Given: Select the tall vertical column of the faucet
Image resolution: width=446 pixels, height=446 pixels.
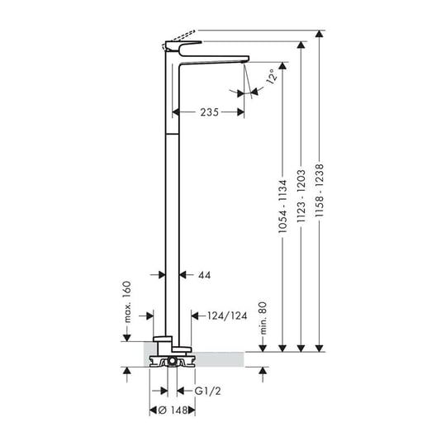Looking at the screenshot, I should (173, 206).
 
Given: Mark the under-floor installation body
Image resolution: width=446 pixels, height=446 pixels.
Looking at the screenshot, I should (173, 361).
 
